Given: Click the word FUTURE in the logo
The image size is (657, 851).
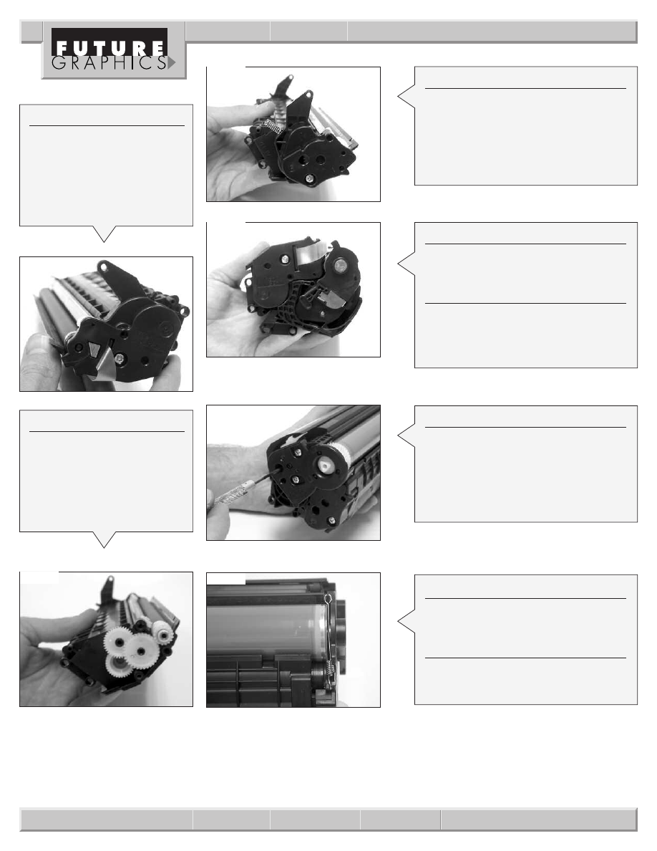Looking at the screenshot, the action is tap(111, 48).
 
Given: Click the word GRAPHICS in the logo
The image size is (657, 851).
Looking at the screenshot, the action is tap(109, 63).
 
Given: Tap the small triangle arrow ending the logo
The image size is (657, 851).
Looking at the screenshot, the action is tap(172, 63).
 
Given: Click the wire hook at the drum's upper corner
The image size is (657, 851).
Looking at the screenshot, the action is tap(329, 599).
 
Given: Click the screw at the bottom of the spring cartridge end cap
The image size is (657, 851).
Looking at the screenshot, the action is tap(308, 177).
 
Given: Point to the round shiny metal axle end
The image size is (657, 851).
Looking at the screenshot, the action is tap(341, 265).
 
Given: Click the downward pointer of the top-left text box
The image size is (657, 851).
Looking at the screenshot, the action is tap(104, 234).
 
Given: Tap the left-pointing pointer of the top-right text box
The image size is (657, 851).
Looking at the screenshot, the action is tap(406, 97).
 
